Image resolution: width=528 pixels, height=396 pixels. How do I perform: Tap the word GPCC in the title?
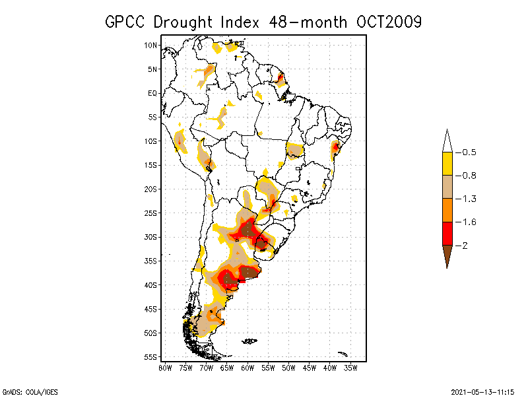126,22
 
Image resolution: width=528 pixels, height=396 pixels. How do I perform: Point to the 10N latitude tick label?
151,45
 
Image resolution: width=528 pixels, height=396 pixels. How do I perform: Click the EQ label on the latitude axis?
153,93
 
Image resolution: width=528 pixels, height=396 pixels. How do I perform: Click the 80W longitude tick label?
165,368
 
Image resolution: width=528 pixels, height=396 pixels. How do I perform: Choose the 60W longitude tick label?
247,368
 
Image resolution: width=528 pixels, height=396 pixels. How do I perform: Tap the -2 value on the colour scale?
461,246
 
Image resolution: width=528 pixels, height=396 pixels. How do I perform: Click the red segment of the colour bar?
447,233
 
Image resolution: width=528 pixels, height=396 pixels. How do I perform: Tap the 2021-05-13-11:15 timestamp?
483,391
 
